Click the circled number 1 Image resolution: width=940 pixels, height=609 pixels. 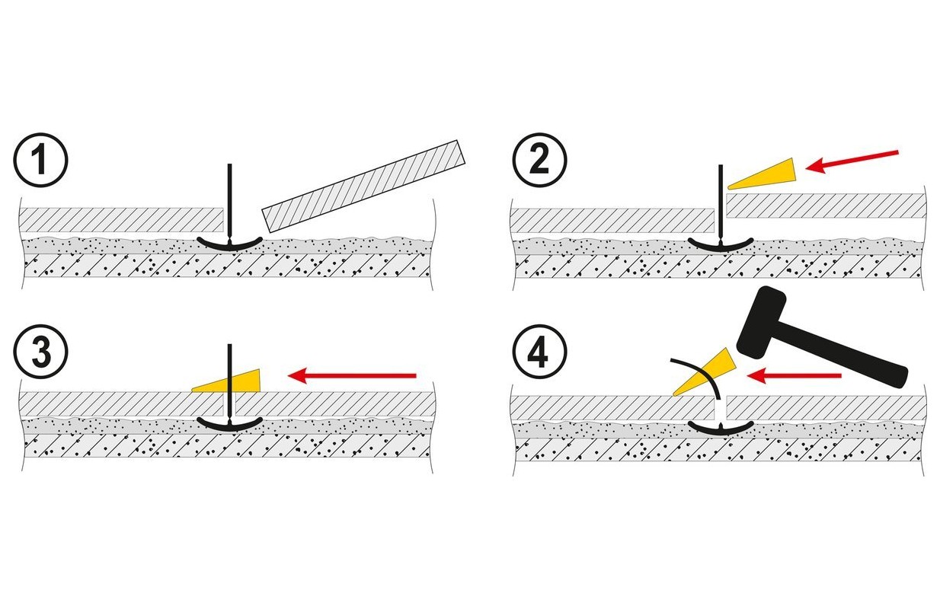tap(40, 160)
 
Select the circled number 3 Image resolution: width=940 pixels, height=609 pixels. tap(40, 352)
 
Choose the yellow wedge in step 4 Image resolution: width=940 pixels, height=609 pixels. tap(705, 371)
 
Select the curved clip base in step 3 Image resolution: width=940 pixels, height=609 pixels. tap(229, 422)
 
